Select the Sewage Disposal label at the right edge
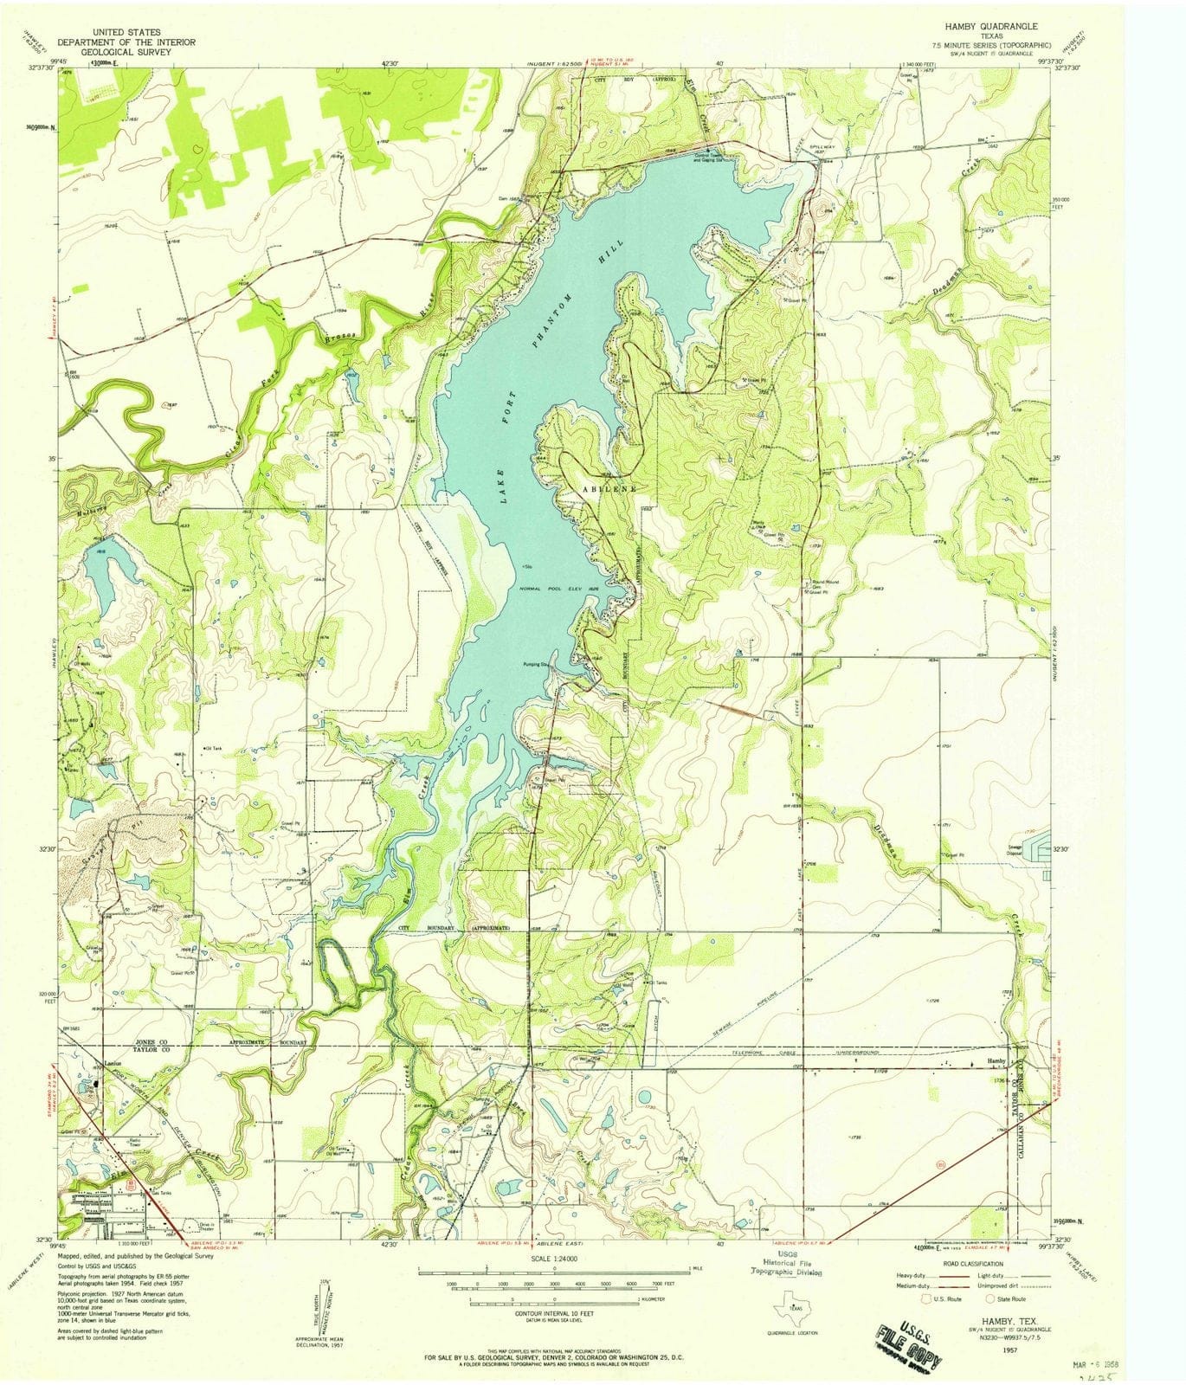point(1014,851)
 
